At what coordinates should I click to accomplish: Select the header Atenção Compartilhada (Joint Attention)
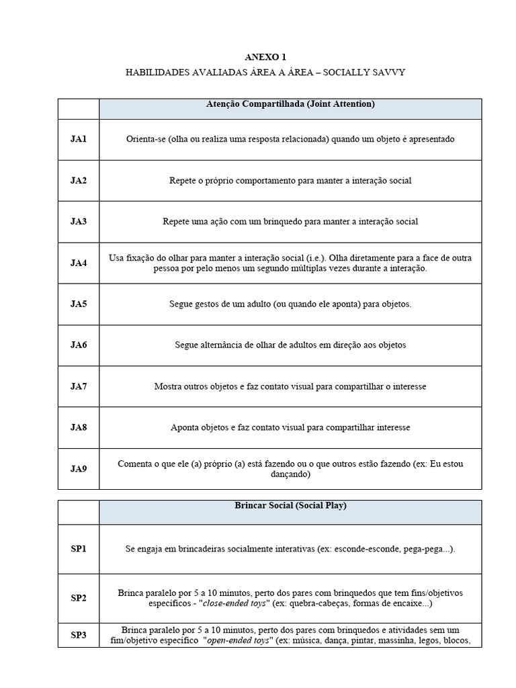point(290,104)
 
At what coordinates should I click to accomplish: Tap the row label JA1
point(79,139)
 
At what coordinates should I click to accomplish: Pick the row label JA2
point(79,180)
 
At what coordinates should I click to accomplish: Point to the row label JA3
point(79,221)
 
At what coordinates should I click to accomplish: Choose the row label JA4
point(79,263)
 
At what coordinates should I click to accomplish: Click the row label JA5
point(79,304)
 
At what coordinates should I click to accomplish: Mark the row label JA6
point(79,345)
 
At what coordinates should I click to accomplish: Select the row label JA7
point(79,386)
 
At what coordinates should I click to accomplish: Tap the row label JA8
point(79,427)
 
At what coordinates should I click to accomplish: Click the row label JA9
point(79,469)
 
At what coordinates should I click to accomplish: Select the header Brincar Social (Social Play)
point(290,505)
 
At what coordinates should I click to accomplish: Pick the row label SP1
point(79,549)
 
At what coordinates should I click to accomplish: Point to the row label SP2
point(79,598)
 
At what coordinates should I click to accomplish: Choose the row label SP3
point(79,635)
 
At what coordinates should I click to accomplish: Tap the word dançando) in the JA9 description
point(290,474)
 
